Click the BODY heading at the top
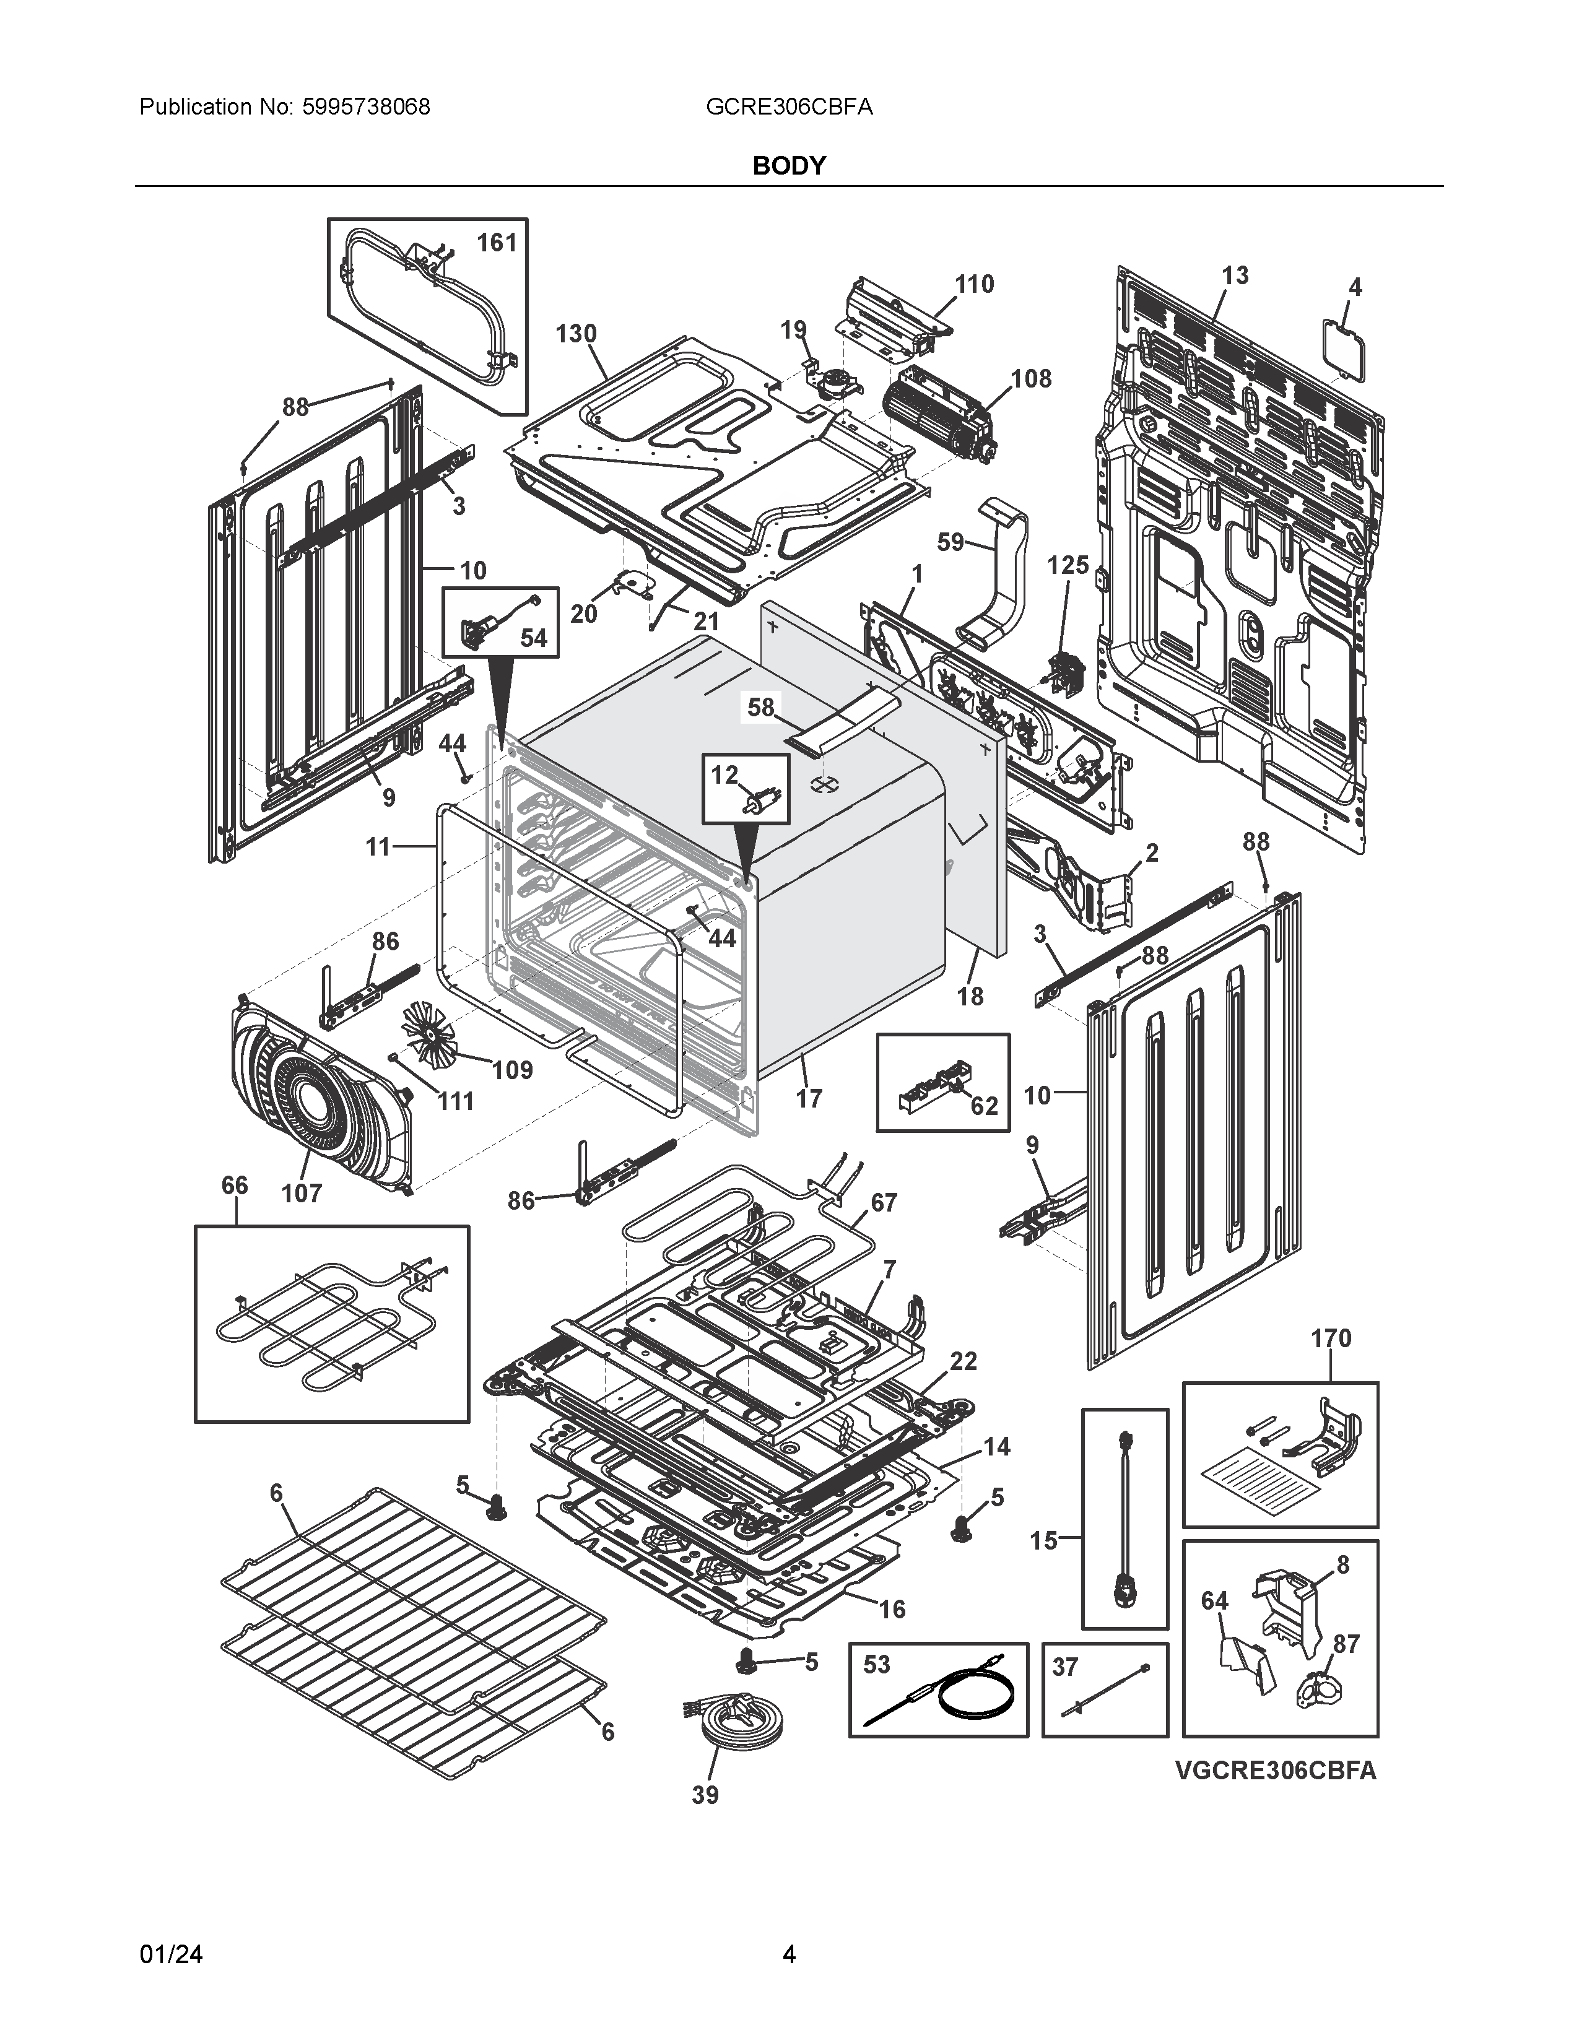(x=788, y=165)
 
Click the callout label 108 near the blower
(x=1031, y=379)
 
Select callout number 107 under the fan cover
(x=301, y=1193)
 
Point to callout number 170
(x=1330, y=1338)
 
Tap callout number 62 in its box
(x=984, y=1106)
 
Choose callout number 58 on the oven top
(x=760, y=707)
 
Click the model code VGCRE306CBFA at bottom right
(x=1275, y=1771)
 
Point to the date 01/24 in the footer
(x=170, y=1954)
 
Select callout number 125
(x=1068, y=565)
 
